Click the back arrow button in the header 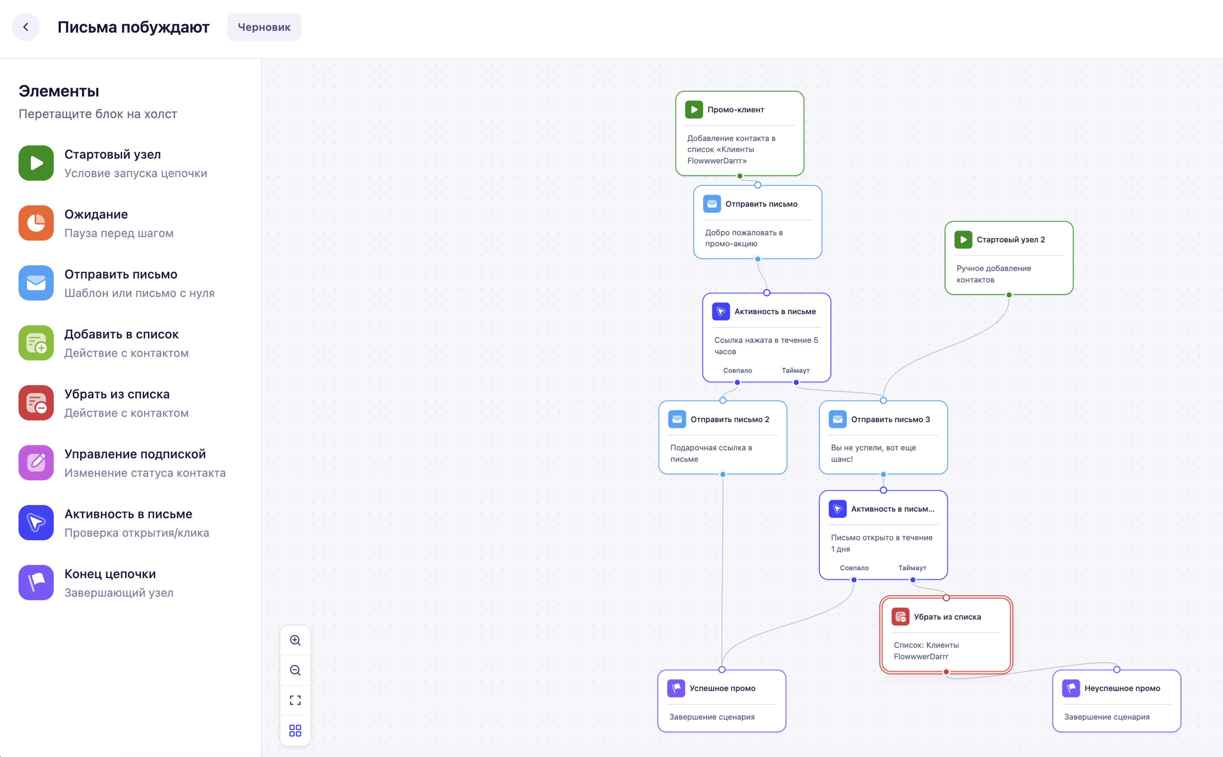tap(26, 27)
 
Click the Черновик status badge tap(264, 27)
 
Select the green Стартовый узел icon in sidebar tap(36, 163)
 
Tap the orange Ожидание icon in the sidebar tap(36, 223)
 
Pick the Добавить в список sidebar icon tap(36, 343)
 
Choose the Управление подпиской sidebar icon tap(36, 463)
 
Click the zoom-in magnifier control tap(295, 640)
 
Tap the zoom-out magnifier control tap(295, 670)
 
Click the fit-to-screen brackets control tap(295, 701)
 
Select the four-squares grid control tap(295, 731)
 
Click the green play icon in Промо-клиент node tap(694, 110)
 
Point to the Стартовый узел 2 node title tap(1011, 240)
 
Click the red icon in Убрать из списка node tap(900, 617)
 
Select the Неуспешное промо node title tap(1123, 688)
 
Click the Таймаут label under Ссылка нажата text tap(796, 371)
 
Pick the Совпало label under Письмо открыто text tap(855, 568)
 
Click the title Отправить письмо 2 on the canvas tap(730, 419)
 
